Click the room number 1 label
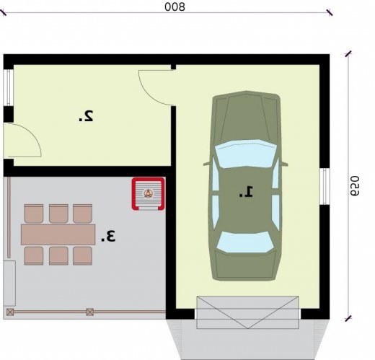coord(246,192)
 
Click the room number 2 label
coord(86,116)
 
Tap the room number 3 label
coord(108,236)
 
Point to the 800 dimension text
coord(175,7)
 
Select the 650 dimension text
coord(354,185)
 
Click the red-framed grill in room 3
coord(148,194)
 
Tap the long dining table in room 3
coord(58,234)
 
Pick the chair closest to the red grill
coord(82,214)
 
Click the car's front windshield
coord(245,153)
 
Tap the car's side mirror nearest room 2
coord(206,164)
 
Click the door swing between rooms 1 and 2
coord(156,87)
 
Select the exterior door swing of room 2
coord(23,140)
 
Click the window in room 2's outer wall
coord(9,88)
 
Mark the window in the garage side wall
coord(325,187)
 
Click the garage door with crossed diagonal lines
coord(247,312)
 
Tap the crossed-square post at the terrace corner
coord(10,312)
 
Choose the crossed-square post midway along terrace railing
coord(89,312)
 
